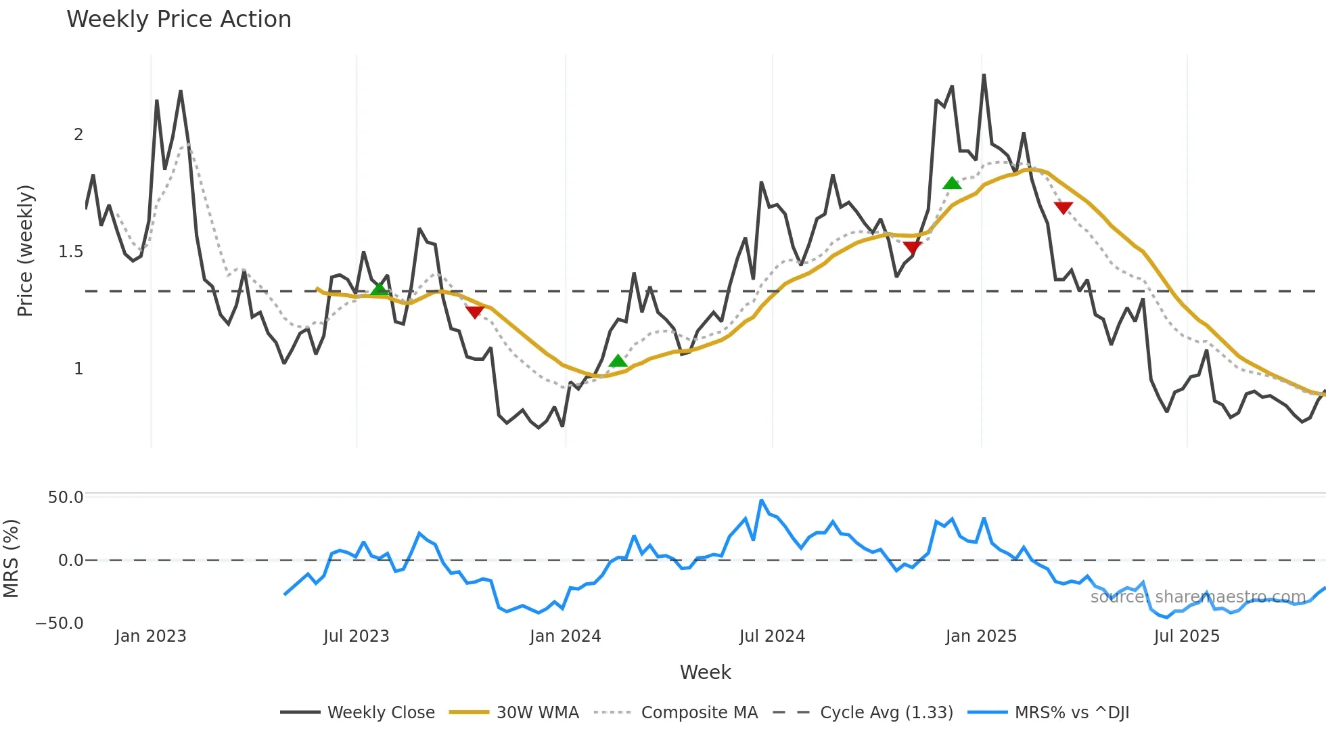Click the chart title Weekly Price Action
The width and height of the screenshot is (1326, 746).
tap(179, 20)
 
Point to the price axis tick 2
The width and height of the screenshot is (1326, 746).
tap(78, 135)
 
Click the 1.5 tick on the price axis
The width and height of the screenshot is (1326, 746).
tap(70, 252)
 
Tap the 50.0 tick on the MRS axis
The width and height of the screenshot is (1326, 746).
tap(65, 498)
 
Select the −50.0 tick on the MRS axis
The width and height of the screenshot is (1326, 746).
tap(60, 623)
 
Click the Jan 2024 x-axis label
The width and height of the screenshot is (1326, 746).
tap(565, 636)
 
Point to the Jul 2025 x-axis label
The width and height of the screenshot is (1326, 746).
tap(1187, 636)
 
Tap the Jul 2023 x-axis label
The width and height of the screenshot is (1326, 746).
tap(356, 636)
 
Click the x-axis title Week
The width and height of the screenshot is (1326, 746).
tap(705, 672)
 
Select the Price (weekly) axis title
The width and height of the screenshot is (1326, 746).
tap(25, 250)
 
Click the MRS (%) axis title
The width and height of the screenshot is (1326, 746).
tap(11, 558)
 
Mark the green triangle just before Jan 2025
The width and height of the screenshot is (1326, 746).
tap(952, 183)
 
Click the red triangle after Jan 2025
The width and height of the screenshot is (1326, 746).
tap(1064, 207)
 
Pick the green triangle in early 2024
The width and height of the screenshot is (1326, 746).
tap(618, 361)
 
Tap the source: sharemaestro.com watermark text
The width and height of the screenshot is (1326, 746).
tap(1197, 597)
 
